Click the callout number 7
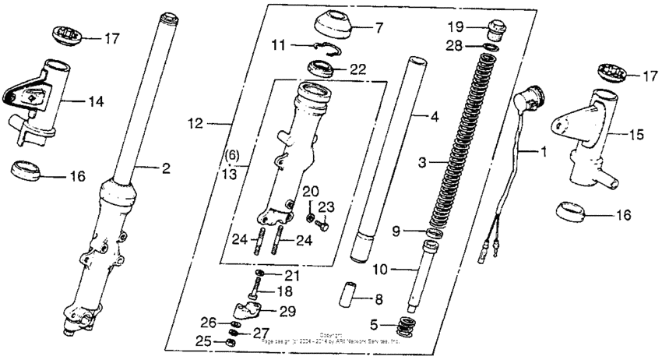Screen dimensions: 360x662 point(379,29)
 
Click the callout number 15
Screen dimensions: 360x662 point(636,136)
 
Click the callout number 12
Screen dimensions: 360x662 point(195,122)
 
